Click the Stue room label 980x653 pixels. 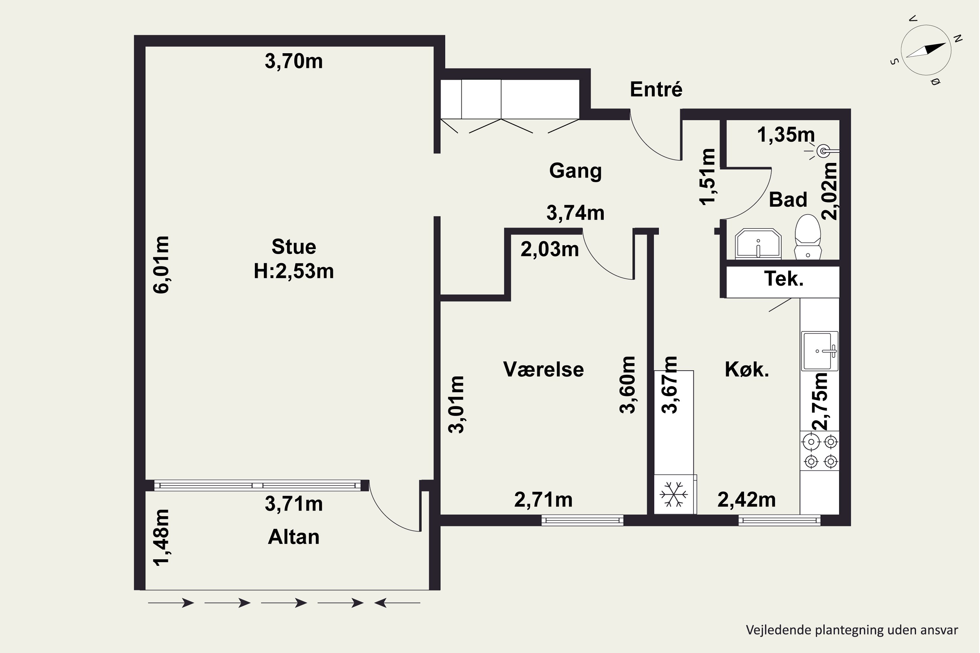[x=294, y=247]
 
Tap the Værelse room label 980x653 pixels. [x=543, y=369]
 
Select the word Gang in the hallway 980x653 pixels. [x=575, y=171]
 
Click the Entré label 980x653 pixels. [x=656, y=89]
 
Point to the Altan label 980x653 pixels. [x=294, y=537]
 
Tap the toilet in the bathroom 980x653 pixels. [x=808, y=236]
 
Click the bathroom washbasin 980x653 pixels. [x=758, y=244]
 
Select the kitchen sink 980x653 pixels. [x=820, y=351]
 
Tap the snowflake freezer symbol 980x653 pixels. [x=674, y=494]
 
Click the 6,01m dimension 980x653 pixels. [x=161, y=265]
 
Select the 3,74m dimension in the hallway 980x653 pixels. [x=575, y=213]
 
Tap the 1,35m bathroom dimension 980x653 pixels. [x=786, y=135]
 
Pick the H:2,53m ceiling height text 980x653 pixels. [x=294, y=271]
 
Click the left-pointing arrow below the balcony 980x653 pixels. [x=397, y=603]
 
